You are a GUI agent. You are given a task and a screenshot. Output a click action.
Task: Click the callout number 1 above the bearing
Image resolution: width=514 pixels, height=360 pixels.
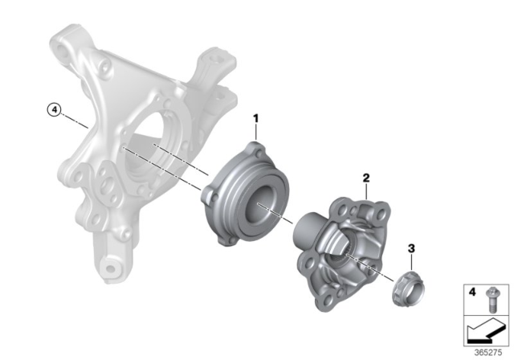tap(256, 118)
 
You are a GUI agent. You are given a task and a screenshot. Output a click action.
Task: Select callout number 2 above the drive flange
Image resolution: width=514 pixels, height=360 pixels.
tap(365, 178)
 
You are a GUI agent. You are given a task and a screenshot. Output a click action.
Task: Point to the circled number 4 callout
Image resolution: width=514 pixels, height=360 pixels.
tap(54, 111)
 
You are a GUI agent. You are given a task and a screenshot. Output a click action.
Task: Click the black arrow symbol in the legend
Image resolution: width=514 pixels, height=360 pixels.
tap(483, 329)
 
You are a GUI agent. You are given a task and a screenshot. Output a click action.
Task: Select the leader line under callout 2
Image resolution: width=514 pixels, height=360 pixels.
tap(365, 191)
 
